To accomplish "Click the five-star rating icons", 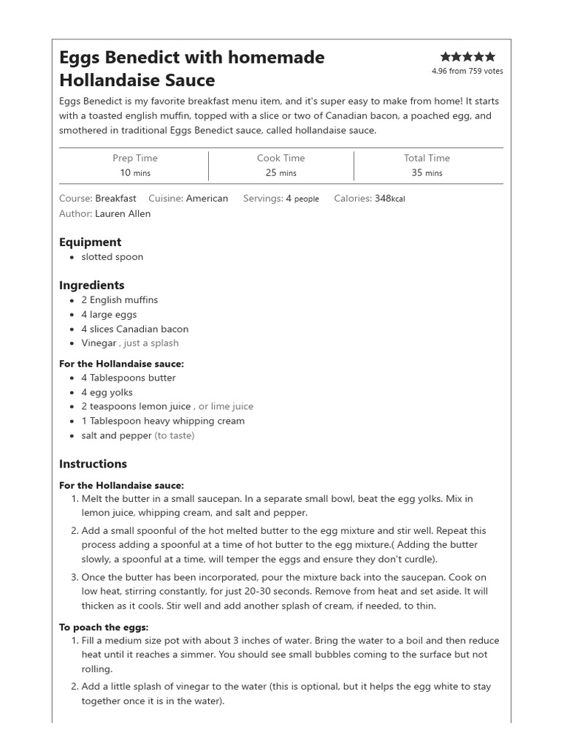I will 467,56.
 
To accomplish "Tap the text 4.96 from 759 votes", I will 467,71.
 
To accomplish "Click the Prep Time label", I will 134,158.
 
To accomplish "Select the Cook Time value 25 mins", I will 280,173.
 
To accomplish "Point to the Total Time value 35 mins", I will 427,173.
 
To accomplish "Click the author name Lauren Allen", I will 123,213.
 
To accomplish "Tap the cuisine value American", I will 207,198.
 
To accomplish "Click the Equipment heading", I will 90,242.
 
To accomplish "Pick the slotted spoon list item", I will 112,256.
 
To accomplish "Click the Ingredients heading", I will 91,285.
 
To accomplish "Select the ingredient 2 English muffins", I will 119,299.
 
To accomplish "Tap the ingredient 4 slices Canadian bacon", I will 134,329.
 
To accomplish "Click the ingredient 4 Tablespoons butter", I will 129,378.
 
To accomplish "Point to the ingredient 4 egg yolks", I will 107,392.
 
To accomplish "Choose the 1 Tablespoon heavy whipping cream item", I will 163,421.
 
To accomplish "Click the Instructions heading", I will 93,464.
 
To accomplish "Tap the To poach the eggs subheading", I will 104,627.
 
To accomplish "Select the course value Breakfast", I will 115,198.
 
